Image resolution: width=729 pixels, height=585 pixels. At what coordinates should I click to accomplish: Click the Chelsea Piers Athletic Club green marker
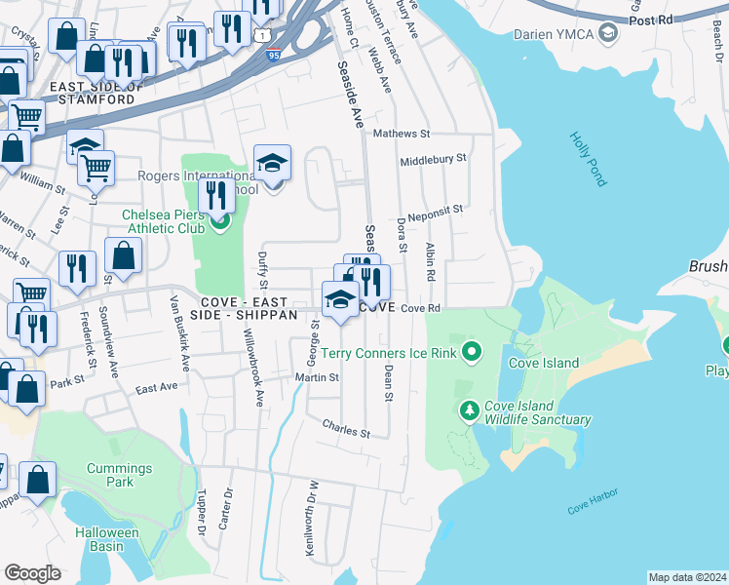click(x=219, y=221)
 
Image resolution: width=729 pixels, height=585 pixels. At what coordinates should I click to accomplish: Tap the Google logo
click(x=32, y=572)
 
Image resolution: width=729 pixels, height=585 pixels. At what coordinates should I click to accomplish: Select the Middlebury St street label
click(x=433, y=157)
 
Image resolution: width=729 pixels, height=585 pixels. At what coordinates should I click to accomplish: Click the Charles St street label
click(x=347, y=427)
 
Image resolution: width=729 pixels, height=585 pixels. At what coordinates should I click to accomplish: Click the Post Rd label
click(x=651, y=19)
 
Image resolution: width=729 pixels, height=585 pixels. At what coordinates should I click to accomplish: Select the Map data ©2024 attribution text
click(x=687, y=576)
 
